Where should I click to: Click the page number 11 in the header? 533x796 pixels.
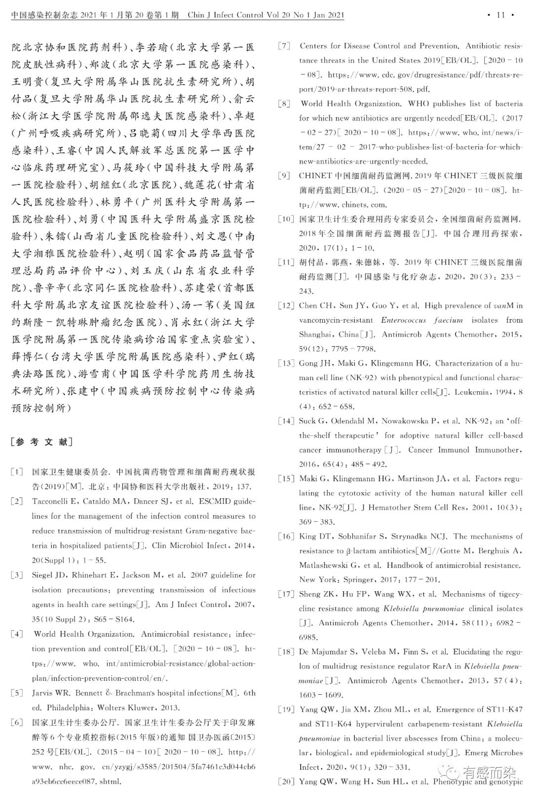[x=500, y=15]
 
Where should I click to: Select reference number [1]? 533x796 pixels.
[x=17, y=472]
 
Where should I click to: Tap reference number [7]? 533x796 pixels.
[x=284, y=46]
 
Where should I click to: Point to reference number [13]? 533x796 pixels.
[x=286, y=363]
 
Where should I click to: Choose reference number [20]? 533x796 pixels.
[x=286, y=781]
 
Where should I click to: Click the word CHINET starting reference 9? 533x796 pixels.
[x=315, y=176]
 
